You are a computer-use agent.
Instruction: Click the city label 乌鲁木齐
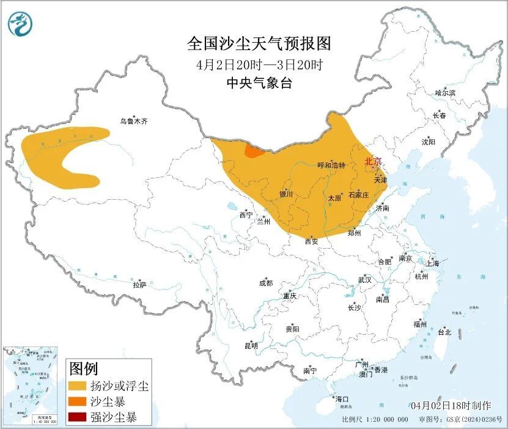coord(133,121)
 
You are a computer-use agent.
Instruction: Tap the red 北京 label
coord(372,161)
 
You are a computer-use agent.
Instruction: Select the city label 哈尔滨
coord(445,93)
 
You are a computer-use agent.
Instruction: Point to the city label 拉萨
coord(139,284)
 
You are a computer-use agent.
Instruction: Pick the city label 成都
coord(265,283)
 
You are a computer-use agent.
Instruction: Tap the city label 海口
coord(341,399)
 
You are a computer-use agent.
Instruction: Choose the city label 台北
coord(444,332)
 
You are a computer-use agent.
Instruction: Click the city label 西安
coord(311,241)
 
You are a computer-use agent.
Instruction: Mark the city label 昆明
coord(251,346)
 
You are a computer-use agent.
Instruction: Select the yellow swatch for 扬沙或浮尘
coord(77,386)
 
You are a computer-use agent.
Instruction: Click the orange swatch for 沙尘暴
coord(77,402)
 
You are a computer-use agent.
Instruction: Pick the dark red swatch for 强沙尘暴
coord(77,418)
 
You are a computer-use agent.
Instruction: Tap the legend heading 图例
coord(84,369)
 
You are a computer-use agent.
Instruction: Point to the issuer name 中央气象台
coord(258,83)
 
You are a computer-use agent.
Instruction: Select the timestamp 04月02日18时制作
coord(451,405)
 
